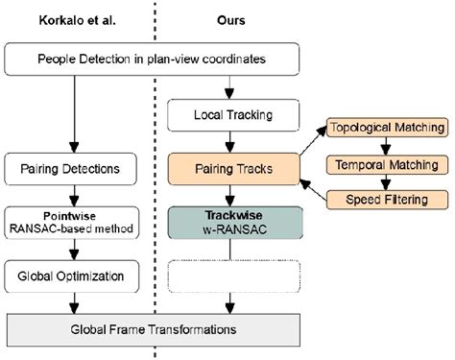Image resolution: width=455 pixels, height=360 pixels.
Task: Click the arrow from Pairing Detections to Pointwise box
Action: click(72, 195)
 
